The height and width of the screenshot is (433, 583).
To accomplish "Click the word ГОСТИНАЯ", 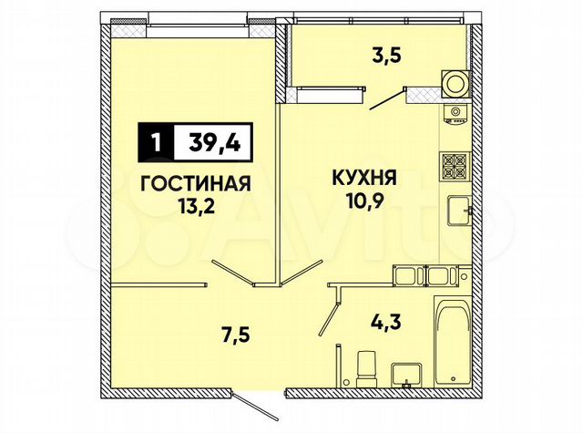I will (196, 182).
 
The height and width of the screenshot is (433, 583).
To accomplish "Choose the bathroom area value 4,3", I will (383, 322).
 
